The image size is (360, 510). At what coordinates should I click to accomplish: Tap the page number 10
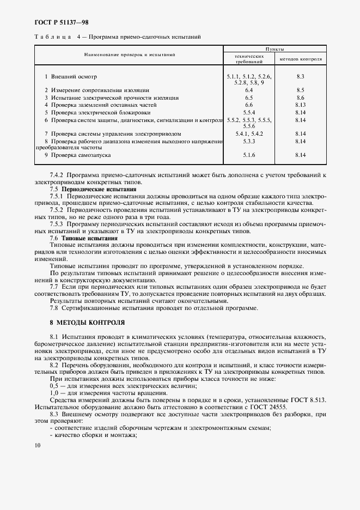point(37,446)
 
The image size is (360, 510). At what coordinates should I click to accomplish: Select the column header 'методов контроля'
point(301,58)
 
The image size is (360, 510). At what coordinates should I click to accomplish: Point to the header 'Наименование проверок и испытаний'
point(129,55)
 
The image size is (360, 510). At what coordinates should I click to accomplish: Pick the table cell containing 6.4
point(249,89)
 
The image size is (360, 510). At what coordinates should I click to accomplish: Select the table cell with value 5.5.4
point(249,112)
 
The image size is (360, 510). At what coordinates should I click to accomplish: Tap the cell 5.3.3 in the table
point(249,141)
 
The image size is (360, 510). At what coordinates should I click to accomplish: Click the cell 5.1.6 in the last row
point(249,155)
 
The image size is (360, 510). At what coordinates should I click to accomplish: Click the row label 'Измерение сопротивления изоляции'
point(100,89)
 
